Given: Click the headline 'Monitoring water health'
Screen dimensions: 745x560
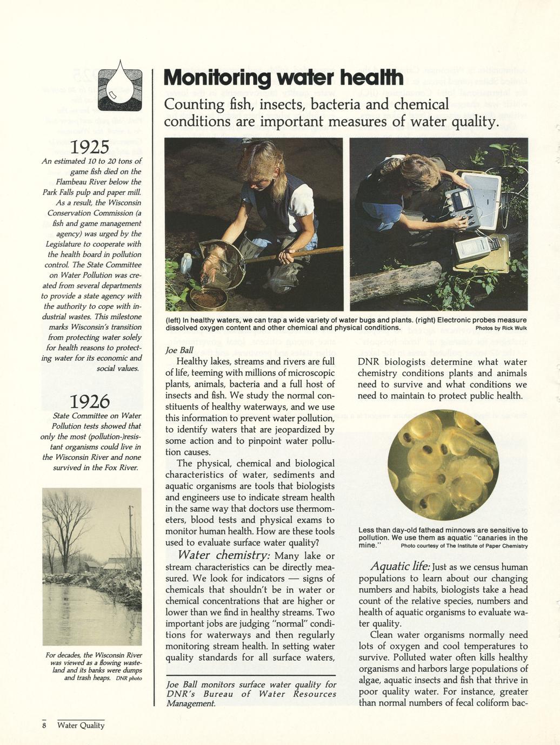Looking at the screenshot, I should [283, 79].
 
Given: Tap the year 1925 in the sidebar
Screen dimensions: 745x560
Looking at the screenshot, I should [91, 146].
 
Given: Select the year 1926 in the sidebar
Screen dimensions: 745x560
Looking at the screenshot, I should [90, 402].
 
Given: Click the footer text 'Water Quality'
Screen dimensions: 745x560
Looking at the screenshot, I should [81, 725].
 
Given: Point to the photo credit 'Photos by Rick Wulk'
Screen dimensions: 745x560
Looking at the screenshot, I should [501, 328].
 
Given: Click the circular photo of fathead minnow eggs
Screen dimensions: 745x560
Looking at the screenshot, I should [443, 465].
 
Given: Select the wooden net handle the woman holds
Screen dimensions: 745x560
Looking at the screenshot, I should [303, 254].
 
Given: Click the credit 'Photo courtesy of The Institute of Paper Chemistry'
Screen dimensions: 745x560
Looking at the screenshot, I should [464, 546].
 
